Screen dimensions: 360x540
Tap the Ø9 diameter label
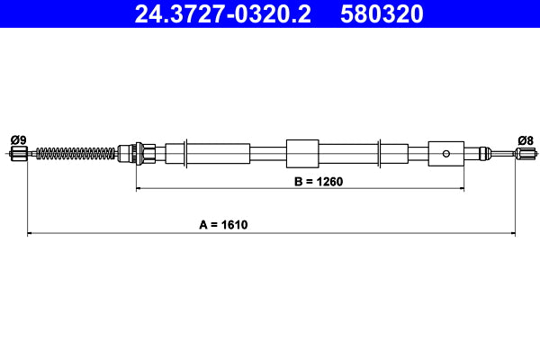(x=17, y=139)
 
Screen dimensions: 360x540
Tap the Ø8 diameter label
(x=526, y=139)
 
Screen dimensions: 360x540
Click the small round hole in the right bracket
(x=445, y=153)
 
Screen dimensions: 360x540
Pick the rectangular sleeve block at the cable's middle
(x=302, y=153)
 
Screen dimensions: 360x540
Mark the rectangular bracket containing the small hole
(x=445, y=153)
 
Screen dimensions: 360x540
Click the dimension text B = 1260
(x=299, y=181)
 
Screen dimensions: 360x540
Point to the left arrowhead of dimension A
(x=31, y=234)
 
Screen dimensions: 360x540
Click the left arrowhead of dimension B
(x=139, y=189)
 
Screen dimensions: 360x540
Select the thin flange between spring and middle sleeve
(x=185, y=153)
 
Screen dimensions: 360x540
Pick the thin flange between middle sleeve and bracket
(x=382, y=153)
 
